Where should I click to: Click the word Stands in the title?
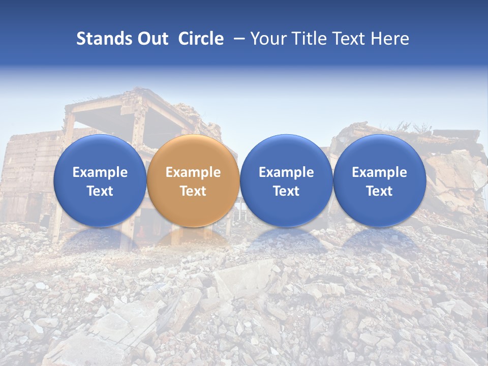tap(104, 39)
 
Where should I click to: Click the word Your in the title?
tap(268, 39)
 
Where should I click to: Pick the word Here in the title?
tap(390, 39)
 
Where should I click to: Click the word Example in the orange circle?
tap(193, 172)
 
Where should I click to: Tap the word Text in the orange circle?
tap(193, 191)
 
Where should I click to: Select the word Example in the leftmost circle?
tap(100, 172)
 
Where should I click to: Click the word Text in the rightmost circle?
tap(379, 191)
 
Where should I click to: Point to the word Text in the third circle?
tap(286, 191)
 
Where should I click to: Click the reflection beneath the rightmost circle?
tap(379, 239)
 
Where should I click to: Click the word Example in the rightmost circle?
tap(379, 172)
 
